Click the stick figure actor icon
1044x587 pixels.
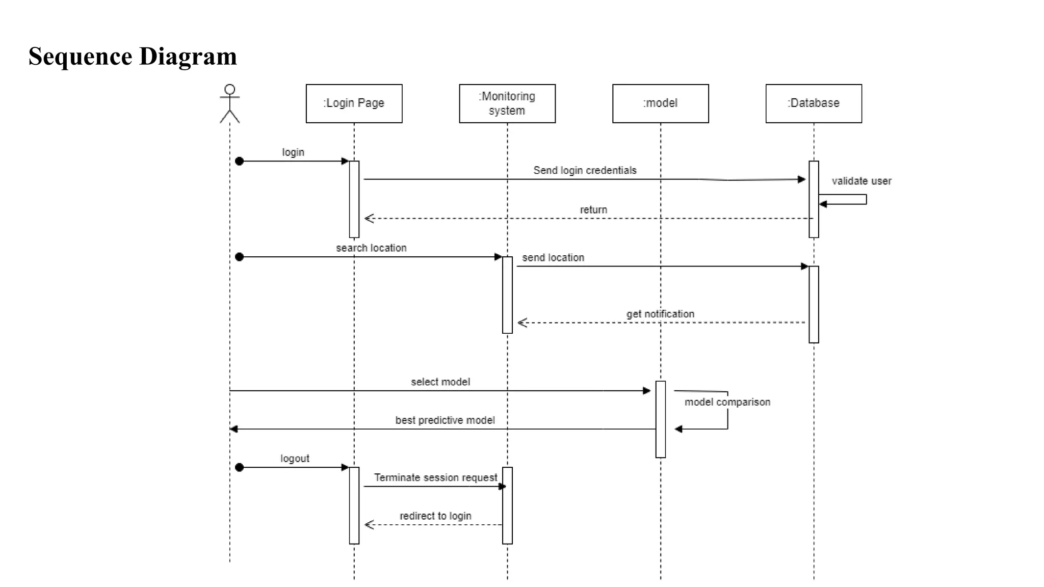[x=229, y=104]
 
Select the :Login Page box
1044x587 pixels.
[x=354, y=103]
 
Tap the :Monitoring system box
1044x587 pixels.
[x=507, y=103]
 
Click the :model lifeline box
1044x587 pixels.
[x=660, y=103]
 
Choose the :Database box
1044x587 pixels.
[x=814, y=103]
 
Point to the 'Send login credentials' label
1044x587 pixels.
[x=585, y=170]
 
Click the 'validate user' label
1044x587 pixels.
[x=861, y=181]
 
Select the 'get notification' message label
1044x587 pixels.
[x=660, y=314]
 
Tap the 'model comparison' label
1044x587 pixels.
[x=727, y=402]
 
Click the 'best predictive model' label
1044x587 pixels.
[x=445, y=420]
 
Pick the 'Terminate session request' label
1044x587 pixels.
[x=435, y=477]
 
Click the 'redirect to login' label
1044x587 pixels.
[x=435, y=516]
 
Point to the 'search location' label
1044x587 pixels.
[x=371, y=248]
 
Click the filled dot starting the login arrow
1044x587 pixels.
[x=240, y=162]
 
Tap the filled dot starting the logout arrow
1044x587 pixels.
[x=240, y=467]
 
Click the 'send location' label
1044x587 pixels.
[x=553, y=258]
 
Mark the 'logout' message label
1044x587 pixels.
[x=295, y=459]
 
